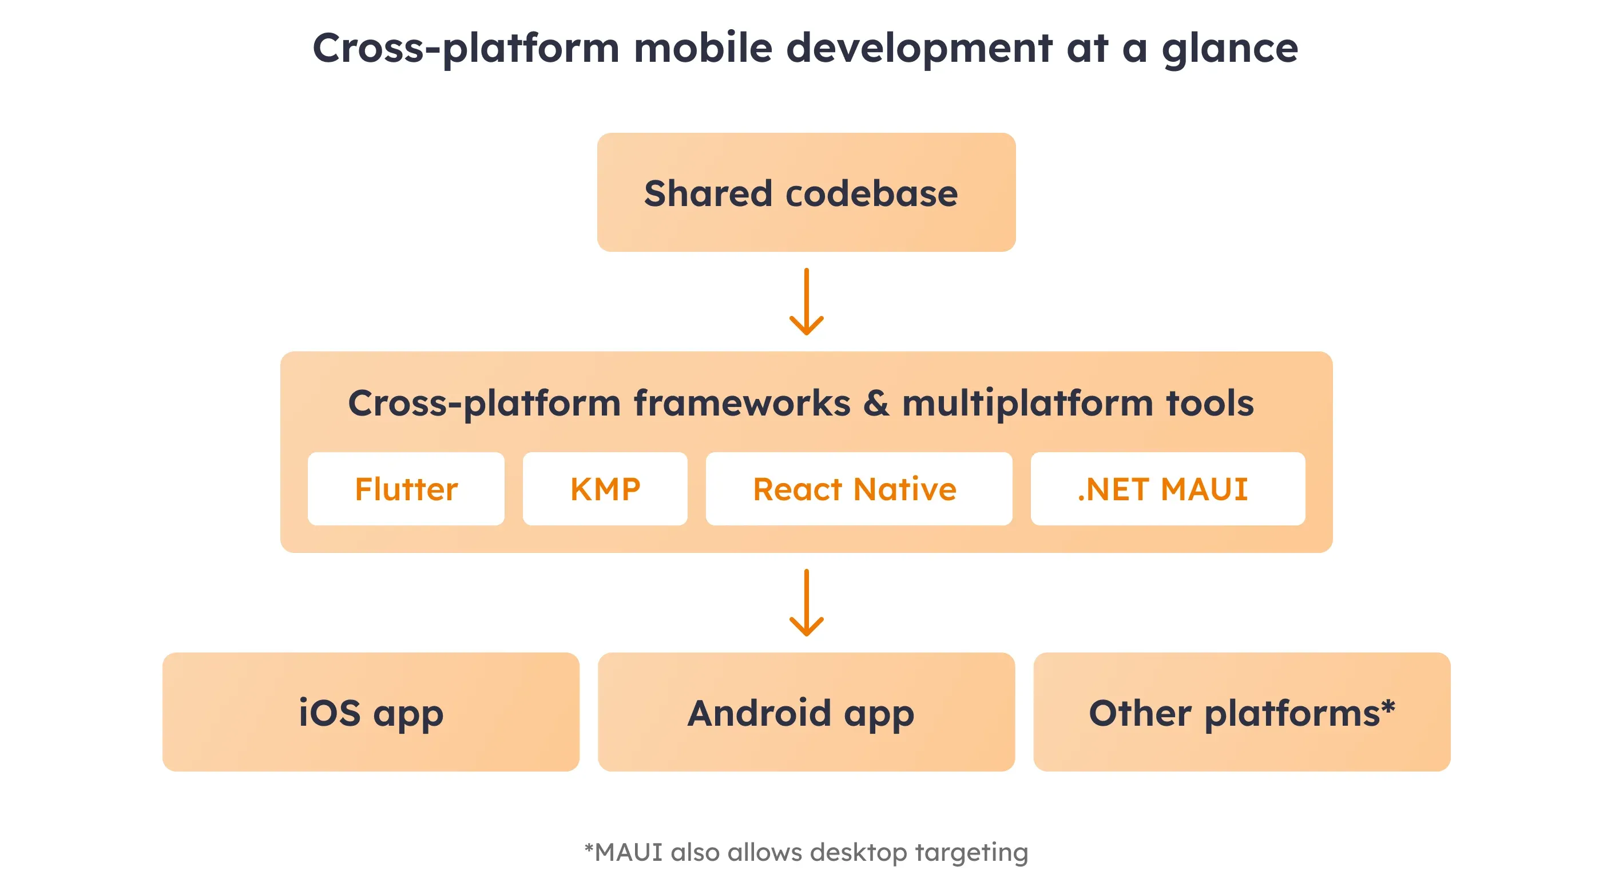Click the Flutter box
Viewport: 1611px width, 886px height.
coord(406,489)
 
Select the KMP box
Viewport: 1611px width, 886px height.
coord(605,489)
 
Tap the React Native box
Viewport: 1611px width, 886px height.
coord(858,489)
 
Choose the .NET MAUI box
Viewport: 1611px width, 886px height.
coord(1167,489)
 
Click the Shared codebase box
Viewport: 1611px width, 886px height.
coord(806,192)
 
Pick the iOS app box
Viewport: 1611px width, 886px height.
coord(370,711)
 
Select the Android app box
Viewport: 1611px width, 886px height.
coord(806,711)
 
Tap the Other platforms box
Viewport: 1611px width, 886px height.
coord(1241,711)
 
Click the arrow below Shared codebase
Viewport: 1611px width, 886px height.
coord(806,302)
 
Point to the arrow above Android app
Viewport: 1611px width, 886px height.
coord(806,603)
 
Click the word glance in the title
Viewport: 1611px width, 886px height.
coord(1229,49)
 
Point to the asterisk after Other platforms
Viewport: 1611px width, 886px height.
coord(1388,707)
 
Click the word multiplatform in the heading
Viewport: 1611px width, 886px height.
coord(1027,404)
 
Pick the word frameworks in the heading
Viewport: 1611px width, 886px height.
coord(741,403)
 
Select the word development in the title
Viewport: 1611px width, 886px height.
coord(919,49)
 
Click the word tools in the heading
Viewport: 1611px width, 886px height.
coord(1210,403)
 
